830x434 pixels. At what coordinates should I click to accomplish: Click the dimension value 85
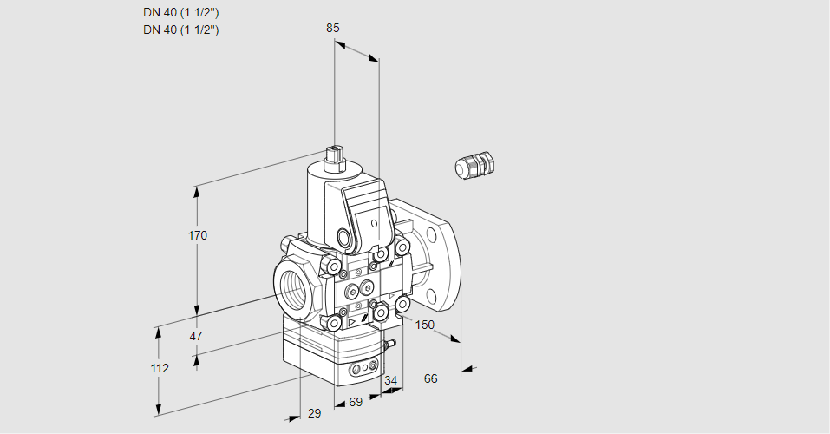coord(333,28)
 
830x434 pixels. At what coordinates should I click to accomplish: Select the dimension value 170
coord(198,236)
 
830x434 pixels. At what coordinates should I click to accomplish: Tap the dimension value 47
coord(196,336)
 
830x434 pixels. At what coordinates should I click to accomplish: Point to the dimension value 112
coord(159,368)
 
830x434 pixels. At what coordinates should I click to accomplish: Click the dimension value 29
coord(314,413)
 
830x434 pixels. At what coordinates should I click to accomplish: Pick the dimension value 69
coord(356,402)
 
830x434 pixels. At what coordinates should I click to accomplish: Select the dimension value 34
coord(391,380)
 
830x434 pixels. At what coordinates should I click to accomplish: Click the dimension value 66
coord(431,378)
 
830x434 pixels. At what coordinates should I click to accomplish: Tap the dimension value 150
coord(424,325)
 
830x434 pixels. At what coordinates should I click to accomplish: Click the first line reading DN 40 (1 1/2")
coord(180,13)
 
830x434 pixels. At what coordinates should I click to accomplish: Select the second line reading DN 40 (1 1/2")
coord(180,30)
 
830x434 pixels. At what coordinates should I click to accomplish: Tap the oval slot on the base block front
coord(363,371)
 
